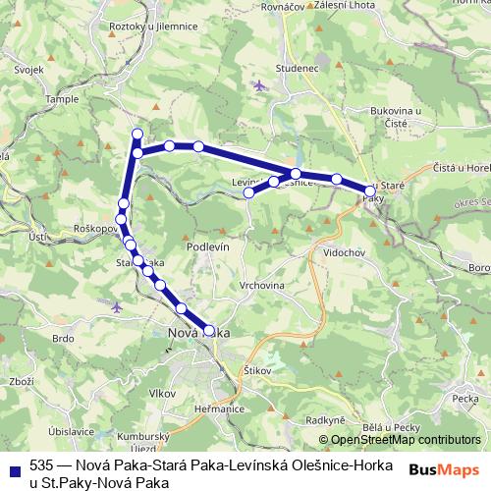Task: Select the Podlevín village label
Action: [208, 247]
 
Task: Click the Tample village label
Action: [60, 99]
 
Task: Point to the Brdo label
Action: [64, 339]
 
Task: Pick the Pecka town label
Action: [464, 399]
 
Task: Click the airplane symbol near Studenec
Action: [259, 85]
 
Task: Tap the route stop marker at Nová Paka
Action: [208, 331]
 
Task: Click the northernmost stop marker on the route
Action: [137, 134]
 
